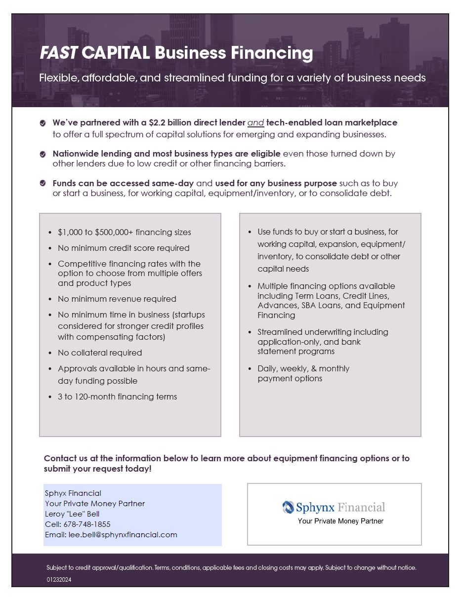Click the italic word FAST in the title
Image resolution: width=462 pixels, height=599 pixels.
58,53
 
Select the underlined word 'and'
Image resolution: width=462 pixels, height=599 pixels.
255,122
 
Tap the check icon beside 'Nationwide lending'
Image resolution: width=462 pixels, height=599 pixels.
43,155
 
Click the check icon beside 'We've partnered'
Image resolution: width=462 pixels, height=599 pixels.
43,123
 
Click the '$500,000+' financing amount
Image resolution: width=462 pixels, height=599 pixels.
113,232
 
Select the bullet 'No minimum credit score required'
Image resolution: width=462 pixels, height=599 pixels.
124,248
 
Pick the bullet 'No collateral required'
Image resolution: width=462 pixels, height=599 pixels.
100,353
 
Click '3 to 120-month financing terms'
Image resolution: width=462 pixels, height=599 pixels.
117,397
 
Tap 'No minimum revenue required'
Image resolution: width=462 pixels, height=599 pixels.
117,299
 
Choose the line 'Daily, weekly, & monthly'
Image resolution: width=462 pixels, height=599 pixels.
303,368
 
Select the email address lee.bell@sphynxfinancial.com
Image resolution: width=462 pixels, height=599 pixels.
123,534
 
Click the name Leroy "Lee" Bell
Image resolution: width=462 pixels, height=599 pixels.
72,514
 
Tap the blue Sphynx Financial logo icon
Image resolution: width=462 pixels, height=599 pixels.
288,507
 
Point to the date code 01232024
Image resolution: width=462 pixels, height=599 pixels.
59,580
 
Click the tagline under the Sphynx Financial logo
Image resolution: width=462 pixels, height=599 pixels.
340,521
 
